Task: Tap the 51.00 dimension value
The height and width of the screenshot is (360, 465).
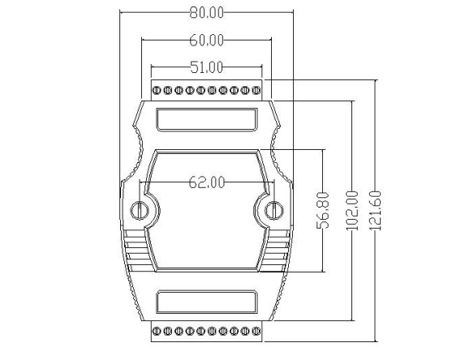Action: (x=207, y=68)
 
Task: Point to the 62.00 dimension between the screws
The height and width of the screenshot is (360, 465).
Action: (x=207, y=182)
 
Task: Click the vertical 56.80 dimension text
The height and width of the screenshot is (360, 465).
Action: (x=323, y=208)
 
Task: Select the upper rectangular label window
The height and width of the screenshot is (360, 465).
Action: (x=206, y=120)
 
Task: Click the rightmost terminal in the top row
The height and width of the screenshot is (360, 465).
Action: (x=256, y=89)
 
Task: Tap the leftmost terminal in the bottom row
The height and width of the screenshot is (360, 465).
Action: (x=157, y=331)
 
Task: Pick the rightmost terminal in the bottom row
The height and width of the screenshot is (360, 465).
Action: (x=256, y=331)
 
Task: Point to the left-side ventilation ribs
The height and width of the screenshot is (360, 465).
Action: (x=134, y=251)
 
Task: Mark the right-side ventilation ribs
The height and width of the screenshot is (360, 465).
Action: (x=278, y=251)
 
